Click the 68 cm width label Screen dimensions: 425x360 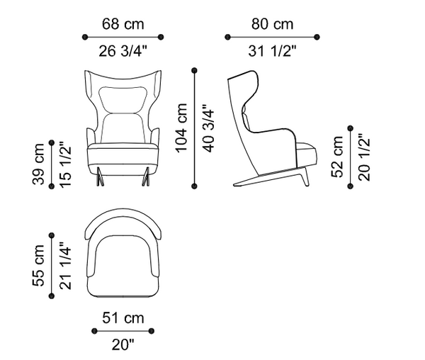(x=123, y=24)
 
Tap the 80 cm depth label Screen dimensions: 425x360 (x=272, y=24)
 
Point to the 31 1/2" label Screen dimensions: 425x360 (x=272, y=51)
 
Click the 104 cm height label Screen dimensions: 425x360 (x=181, y=128)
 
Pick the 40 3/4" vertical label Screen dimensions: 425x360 (x=208, y=128)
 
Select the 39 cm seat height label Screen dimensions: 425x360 (x=38, y=164)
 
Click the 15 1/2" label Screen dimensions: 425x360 (x=65, y=164)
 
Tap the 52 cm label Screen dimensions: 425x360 (x=337, y=157)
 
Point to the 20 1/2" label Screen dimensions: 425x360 (x=364, y=157)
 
